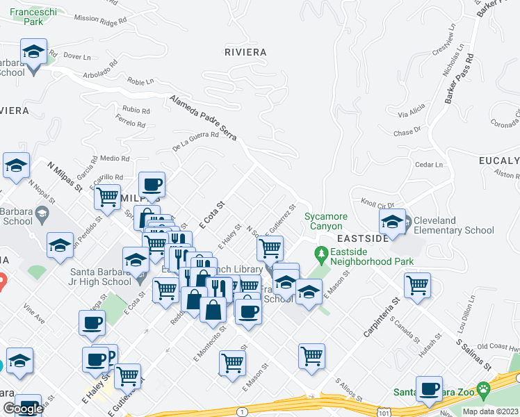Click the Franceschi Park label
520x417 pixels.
pos(24,16)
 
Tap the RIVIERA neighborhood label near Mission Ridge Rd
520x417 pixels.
pos(245,52)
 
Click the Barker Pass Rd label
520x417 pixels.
pos(460,80)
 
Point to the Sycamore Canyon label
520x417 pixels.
pos(323,221)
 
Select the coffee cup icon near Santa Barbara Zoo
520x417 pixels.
pos(429,389)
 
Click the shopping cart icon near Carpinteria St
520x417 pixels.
pos(417,284)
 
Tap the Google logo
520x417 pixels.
pos(23,409)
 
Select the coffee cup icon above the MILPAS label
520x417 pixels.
pos(152,185)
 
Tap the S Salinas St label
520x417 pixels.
pos(473,355)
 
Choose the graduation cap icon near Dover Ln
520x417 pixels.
pos(33,52)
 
